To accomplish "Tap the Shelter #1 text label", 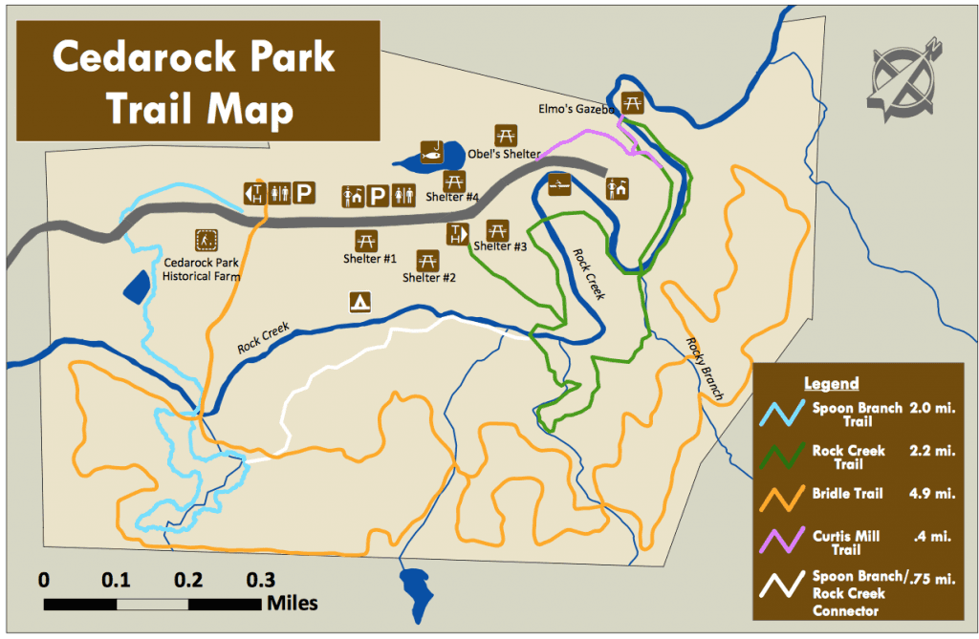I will (370, 258).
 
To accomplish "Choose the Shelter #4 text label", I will (452, 198).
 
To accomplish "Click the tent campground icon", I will (360, 302).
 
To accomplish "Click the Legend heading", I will (831, 384).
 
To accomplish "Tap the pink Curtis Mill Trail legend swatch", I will (780, 540).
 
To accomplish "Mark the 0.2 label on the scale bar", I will (188, 580).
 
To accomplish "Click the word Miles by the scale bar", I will (293, 603).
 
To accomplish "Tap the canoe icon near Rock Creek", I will (561, 184).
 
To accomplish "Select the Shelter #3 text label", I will (500, 246).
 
